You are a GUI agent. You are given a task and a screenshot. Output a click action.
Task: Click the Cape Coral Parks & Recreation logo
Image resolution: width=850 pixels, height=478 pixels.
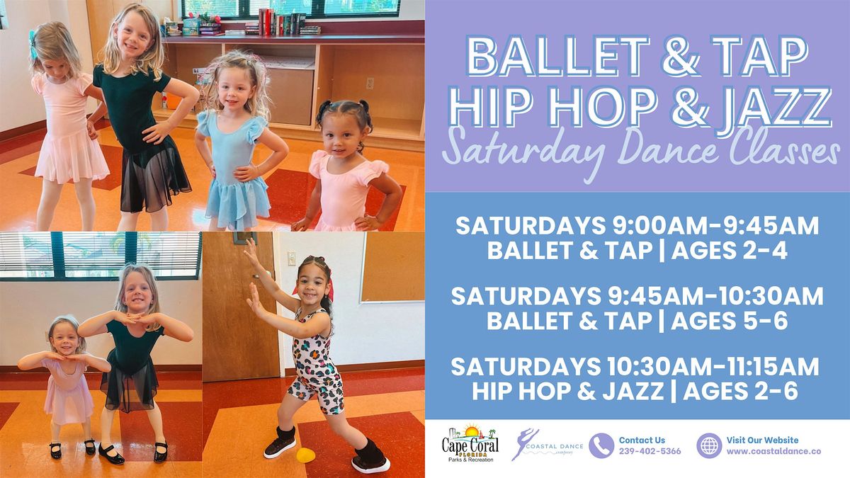470,444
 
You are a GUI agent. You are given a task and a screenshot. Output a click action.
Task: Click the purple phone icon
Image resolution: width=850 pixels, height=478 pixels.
601,445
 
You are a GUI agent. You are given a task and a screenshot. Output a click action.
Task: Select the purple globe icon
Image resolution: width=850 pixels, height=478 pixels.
708,445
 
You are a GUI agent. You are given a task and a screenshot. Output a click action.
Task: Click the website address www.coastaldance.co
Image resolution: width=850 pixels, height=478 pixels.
764,451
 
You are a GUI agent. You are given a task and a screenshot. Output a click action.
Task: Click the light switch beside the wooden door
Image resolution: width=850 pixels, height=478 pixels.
291,258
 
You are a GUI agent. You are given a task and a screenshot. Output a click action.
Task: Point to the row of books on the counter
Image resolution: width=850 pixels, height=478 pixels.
280,21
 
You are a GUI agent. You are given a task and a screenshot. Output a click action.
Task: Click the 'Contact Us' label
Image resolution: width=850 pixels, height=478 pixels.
642,440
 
